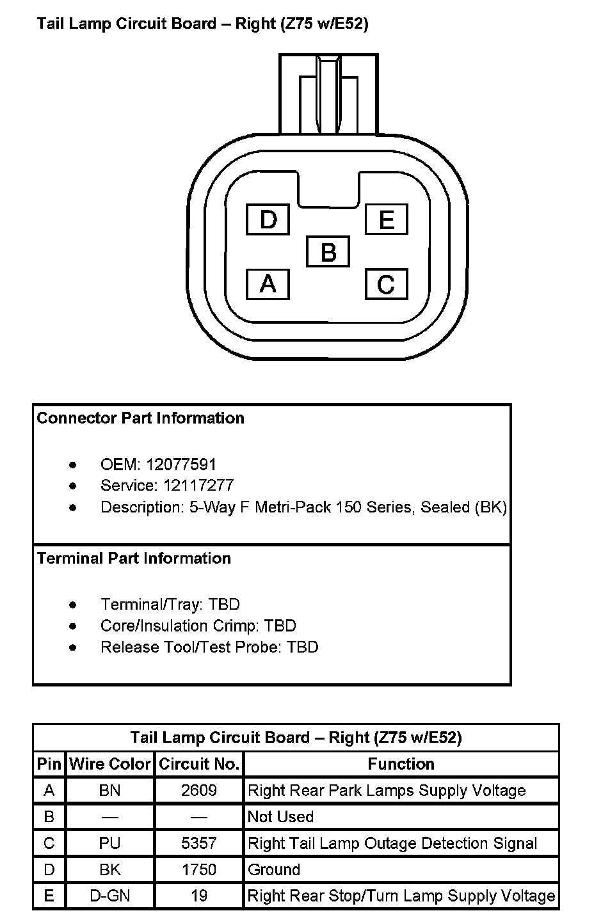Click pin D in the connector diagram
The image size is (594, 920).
tap(268, 219)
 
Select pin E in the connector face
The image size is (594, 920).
tap(386, 219)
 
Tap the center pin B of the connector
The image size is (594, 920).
tap(328, 251)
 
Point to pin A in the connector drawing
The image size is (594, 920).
tap(268, 283)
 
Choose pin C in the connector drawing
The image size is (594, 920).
tap(386, 283)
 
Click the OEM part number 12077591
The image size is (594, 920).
tap(181, 464)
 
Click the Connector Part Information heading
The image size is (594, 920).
tap(141, 418)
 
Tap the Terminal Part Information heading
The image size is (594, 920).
tap(134, 559)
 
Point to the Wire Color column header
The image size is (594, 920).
tap(110, 764)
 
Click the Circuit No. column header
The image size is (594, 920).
tap(199, 764)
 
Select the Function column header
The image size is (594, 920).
tap(401, 764)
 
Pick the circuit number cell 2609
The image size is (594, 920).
tap(199, 791)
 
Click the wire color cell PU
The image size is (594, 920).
tap(110, 843)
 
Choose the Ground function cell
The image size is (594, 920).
tap(274, 870)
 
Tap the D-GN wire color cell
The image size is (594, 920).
tap(110, 896)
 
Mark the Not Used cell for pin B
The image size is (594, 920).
tap(280, 817)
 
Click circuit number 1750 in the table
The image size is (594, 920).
tap(199, 870)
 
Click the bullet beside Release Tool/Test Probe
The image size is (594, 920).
tap(73, 647)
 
